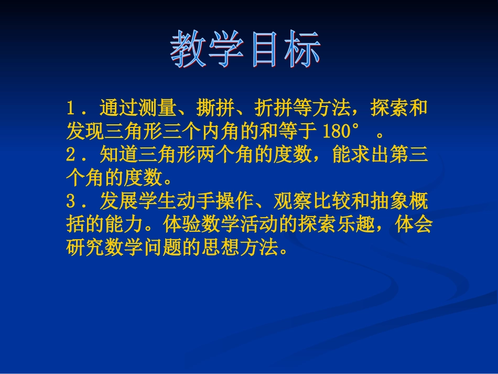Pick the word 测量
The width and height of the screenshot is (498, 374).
tap(157, 109)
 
